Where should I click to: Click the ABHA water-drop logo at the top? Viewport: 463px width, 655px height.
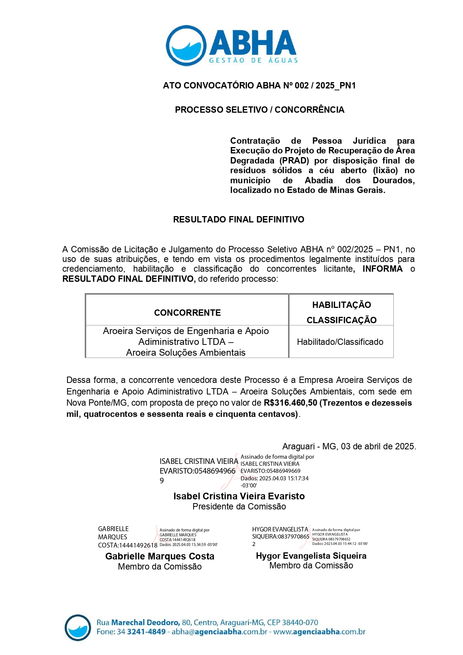(186, 46)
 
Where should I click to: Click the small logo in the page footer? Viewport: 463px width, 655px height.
(78, 627)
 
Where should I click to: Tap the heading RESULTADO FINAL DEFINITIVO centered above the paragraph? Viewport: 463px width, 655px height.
(238, 219)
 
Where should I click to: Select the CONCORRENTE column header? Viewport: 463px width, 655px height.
(187, 313)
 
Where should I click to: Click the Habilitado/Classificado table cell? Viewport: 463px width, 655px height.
(340, 342)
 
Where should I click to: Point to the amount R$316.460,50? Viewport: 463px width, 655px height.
(290, 403)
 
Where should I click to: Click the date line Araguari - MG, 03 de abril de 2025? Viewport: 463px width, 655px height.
(349, 446)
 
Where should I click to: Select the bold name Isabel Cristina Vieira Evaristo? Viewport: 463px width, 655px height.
(239, 496)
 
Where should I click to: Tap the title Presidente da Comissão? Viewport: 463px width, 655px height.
(239, 506)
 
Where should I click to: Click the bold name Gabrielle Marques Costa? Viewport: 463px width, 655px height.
(160, 556)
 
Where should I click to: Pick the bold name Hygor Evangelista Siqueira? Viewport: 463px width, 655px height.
(311, 556)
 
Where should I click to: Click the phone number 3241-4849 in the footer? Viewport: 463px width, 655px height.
(146, 632)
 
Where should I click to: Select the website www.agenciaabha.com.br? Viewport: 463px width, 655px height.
(319, 632)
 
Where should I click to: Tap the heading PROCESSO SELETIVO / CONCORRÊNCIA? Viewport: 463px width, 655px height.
(260, 110)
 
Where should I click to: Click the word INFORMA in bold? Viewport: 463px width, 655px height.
(382, 269)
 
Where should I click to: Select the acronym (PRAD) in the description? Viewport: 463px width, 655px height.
(294, 161)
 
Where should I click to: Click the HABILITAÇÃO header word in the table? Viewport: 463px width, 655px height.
(341, 305)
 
